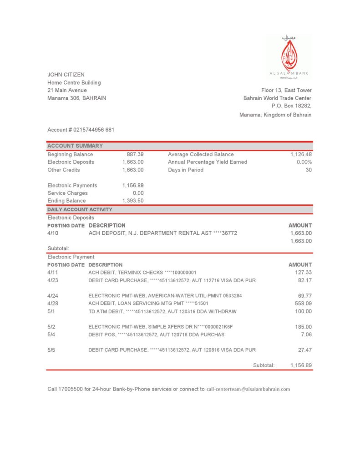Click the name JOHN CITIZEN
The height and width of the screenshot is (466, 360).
click(66, 75)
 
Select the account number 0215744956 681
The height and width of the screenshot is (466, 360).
click(93, 130)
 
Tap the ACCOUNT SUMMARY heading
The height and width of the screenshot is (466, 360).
click(75, 146)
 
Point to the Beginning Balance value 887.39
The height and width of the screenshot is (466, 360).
click(135, 154)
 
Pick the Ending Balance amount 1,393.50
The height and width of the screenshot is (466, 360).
click(133, 201)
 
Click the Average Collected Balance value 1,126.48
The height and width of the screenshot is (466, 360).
click(301, 154)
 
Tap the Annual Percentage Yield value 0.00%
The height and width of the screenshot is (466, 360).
click(304, 162)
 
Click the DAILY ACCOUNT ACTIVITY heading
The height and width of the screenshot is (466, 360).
click(80, 209)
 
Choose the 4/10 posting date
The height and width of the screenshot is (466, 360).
click(53, 233)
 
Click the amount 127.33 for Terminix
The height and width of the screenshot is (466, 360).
click(304, 273)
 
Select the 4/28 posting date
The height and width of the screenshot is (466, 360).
click(53, 304)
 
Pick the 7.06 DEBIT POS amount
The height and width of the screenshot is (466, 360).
click(306, 334)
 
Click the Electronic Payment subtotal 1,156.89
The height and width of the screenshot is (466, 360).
click(301, 365)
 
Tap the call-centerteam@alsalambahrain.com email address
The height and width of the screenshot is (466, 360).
click(248, 390)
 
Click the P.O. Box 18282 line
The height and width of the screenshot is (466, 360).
click(291, 106)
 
